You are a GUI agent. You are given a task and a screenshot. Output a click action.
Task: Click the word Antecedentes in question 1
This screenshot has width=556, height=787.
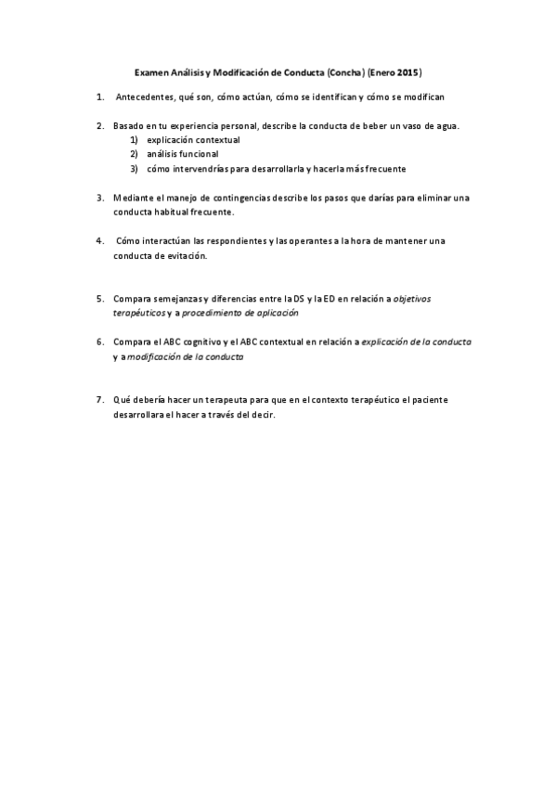(145, 97)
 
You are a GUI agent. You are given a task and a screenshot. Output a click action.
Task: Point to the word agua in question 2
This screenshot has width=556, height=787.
(444, 125)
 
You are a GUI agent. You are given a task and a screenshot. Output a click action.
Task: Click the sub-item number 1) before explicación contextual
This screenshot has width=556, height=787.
(134, 140)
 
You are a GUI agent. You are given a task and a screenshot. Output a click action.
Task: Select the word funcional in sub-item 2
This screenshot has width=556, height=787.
(199, 154)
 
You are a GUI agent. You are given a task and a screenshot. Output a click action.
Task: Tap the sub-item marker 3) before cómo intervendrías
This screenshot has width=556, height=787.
(134, 169)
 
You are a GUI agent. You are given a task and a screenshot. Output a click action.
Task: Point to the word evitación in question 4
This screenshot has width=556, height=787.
(187, 255)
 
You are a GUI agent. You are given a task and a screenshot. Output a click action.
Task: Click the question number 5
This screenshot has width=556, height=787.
(99, 299)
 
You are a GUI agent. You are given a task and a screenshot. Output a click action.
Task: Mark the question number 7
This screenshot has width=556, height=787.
(99, 400)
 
